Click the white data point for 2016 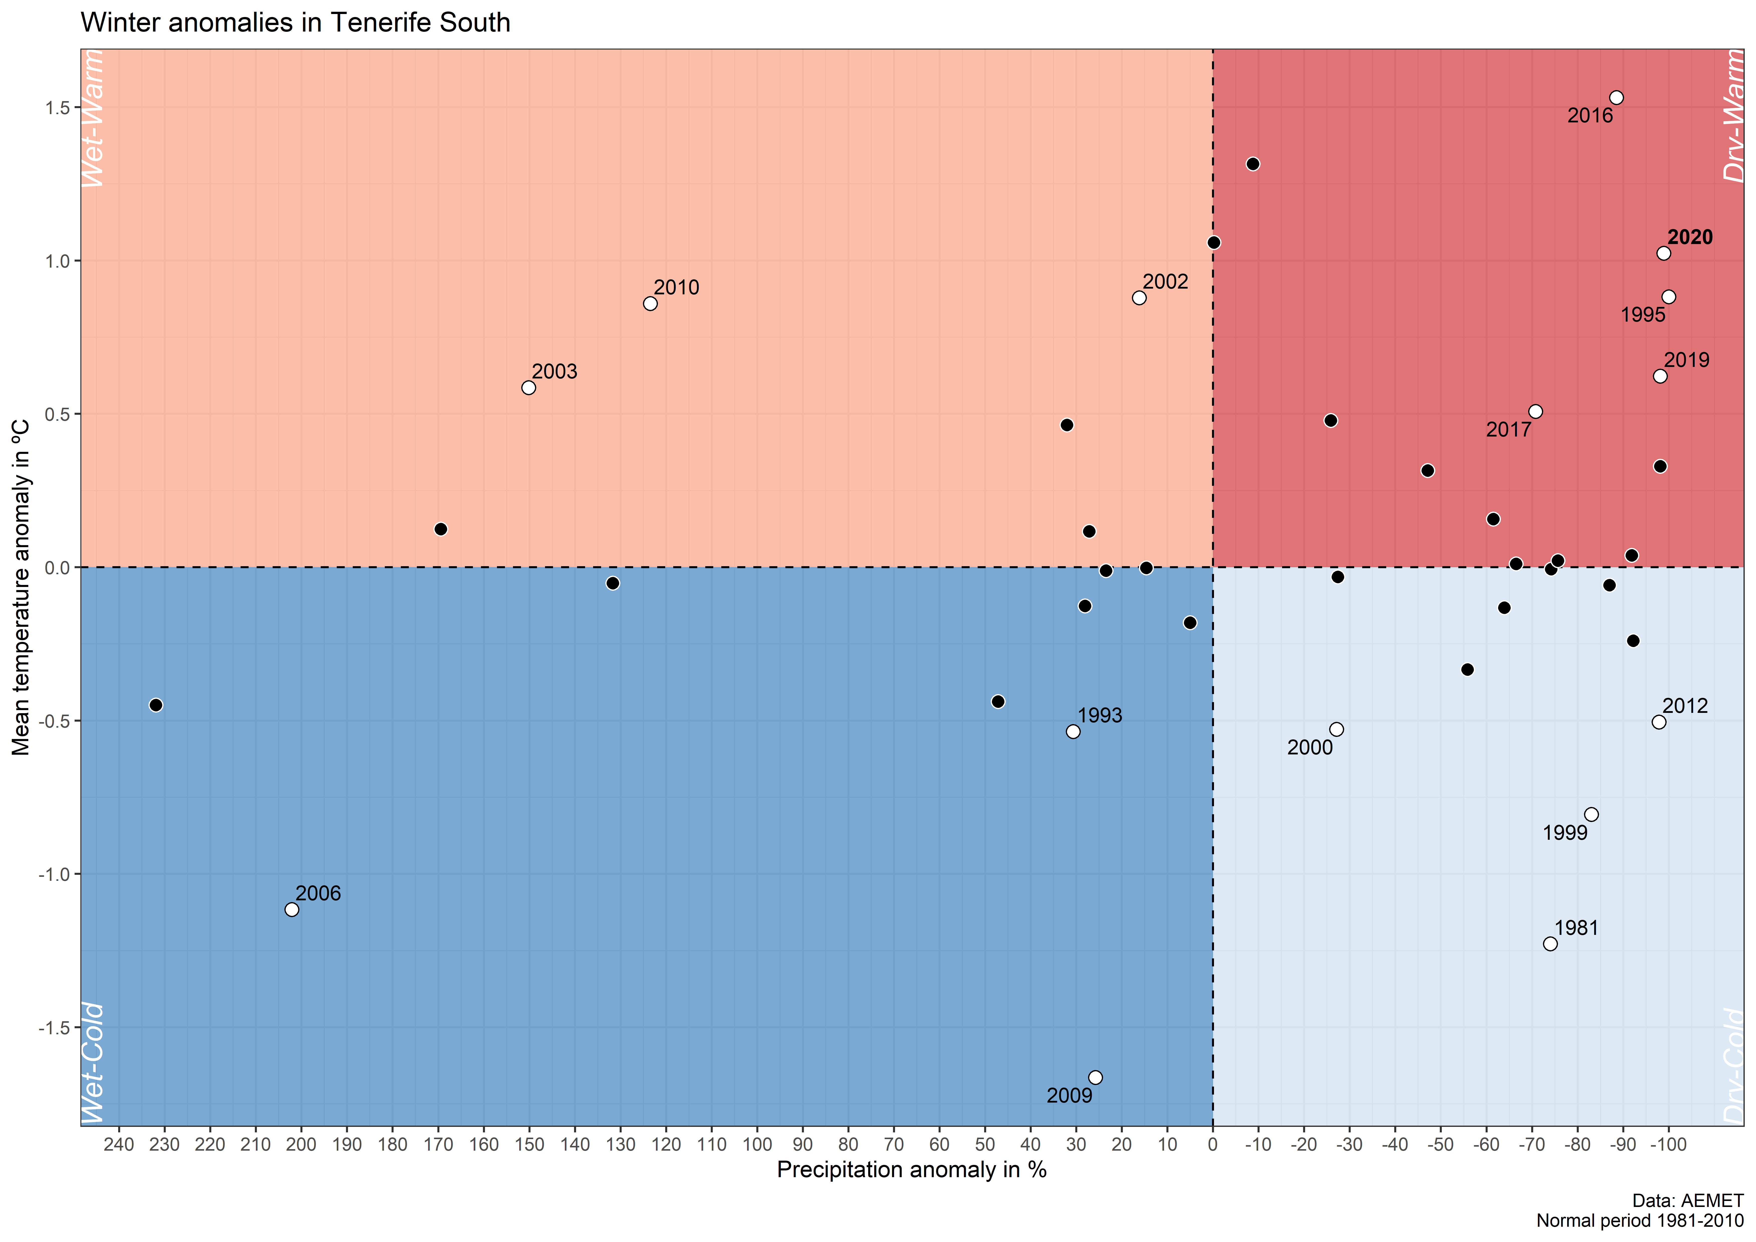click(1616, 98)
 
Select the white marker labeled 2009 click(1095, 1078)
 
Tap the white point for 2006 click(291, 909)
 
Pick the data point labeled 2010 click(650, 304)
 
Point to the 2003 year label click(555, 372)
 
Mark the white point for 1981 click(1550, 944)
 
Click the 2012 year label click(1685, 706)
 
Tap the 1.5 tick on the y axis click(57, 108)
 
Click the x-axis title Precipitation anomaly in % click(912, 1170)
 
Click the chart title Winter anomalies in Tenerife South click(295, 23)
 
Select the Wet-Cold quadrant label click(93, 1063)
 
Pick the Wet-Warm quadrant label click(93, 119)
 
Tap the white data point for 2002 click(1139, 298)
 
